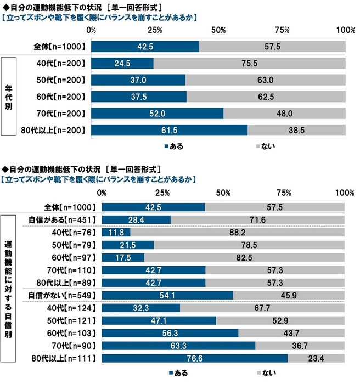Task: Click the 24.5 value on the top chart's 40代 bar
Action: point(122,63)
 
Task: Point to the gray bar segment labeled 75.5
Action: point(249,63)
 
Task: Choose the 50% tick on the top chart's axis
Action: point(218,29)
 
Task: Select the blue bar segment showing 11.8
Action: point(116,232)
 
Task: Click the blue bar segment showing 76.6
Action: point(194,359)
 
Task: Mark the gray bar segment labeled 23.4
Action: point(316,359)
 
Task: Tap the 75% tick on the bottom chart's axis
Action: point(284,193)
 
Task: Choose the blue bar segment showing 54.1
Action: point(167,296)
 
